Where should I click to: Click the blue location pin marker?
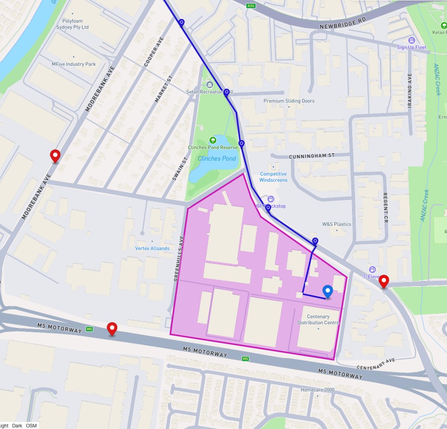[x=327, y=291]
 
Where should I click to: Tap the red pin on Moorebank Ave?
[x=55, y=156]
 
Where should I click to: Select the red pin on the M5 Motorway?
[x=113, y=329]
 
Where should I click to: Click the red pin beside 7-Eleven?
[x=384, y=281]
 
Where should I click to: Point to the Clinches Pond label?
[x=217, y=158]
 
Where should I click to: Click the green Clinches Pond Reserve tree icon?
[x=213, y=140]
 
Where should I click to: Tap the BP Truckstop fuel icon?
[x=271, y=199]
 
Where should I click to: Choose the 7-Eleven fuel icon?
[x=373, y=269]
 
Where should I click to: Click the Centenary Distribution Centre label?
[x=318, y=320]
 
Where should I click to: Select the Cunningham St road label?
[x=312, y=156]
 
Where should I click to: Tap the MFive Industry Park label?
[x=74, y=64]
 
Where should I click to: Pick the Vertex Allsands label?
[x=152, y=248]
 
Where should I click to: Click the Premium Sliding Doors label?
[x=289, y=101]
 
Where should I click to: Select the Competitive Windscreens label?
[x=273, y=177]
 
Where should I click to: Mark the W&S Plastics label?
[x=337, y=224]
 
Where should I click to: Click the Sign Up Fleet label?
[x=412, y=47]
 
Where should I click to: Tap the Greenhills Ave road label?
[x=178, y=259]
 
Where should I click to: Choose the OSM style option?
[x=31, y=425]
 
